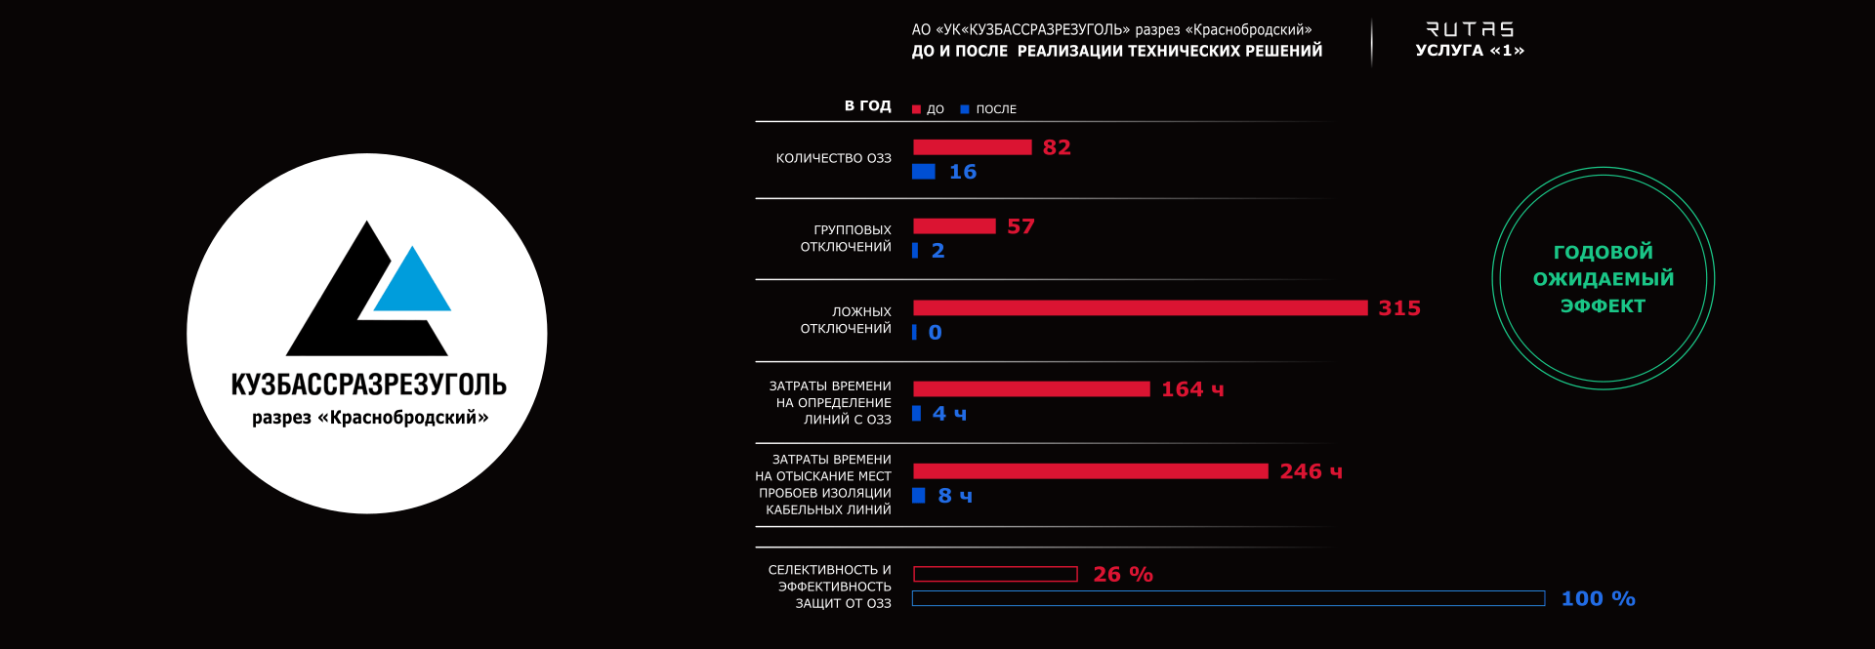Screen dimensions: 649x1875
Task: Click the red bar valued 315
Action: click(1140, 308)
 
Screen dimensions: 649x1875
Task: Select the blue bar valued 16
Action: click(924, 172)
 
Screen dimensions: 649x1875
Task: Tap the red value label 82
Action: click(1057, 147)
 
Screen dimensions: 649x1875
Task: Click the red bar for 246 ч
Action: click(1090, 471)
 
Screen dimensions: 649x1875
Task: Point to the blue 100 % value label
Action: click(1598, 598)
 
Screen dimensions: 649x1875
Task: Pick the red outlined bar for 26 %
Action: click(995, 574)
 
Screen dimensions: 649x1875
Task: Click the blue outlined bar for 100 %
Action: click(1228, 598)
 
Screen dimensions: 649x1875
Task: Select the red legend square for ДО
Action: click(916, 109)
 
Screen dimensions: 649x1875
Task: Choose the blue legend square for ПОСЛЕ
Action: click(965, 109)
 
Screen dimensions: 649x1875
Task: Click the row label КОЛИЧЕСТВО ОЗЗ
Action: click(833, 158)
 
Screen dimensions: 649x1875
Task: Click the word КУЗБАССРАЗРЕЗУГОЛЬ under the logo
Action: click(368, 385)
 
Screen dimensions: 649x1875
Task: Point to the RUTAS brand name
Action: click(1470, 29)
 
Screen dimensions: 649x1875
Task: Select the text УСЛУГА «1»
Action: click(1470, 51)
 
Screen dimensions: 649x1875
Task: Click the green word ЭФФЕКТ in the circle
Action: click(1603, 306)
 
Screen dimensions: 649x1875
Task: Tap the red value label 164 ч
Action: click(1191, 389)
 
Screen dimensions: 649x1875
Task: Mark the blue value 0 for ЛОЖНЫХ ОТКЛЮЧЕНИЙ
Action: click(936, 333)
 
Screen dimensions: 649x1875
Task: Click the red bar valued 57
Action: click(954, 226)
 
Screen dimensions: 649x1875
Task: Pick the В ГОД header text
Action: click(867, 105)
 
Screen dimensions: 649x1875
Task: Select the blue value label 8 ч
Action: click(955, 496)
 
